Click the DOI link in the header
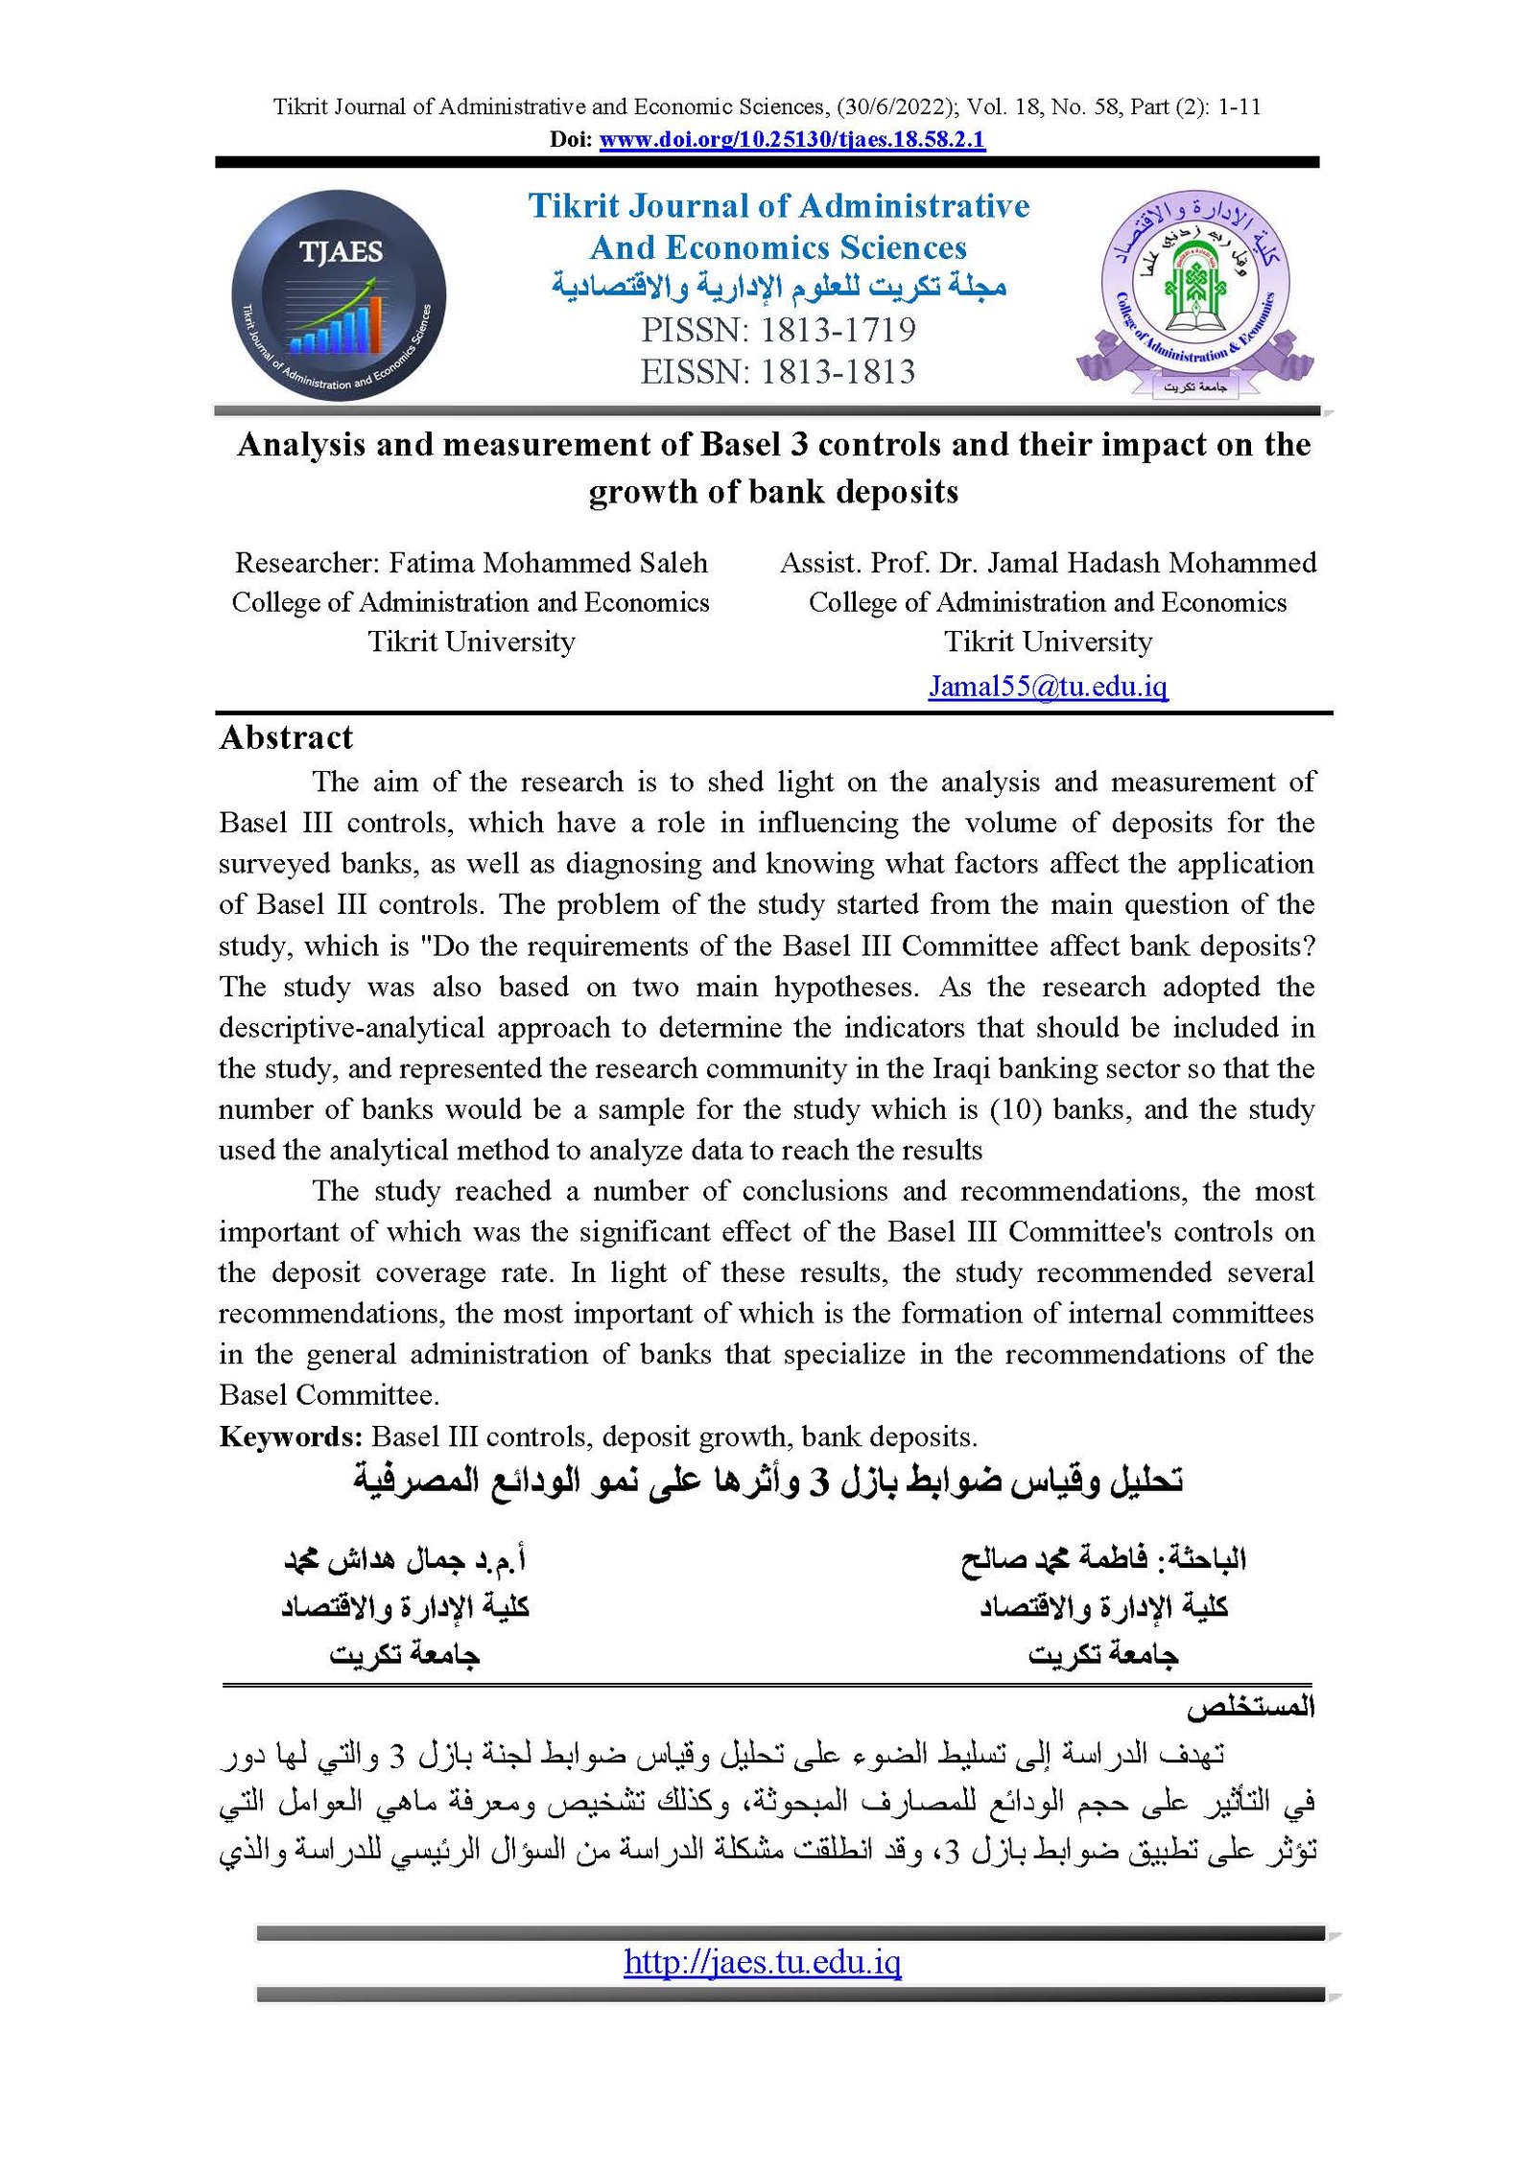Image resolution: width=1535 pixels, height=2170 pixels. tap(791, 140)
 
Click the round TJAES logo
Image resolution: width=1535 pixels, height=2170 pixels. tap(339, 295)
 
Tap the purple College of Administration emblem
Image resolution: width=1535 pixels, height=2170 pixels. tap(1194, 292)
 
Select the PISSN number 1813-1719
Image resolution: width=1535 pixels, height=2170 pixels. tap(838, 330)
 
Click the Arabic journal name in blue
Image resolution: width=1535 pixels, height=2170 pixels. tap(778, 287)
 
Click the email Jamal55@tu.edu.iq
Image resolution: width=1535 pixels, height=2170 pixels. tap(1048, 687)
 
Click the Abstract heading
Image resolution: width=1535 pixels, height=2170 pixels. tap(286, 737)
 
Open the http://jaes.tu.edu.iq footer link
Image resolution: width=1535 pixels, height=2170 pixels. tap(762, 1962)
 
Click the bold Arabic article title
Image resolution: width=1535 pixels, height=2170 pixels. tap(767, 1482)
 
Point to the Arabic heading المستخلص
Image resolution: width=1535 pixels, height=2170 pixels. tap(1249, 1708)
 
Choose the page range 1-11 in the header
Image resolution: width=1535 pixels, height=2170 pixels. tap(1239, 106)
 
